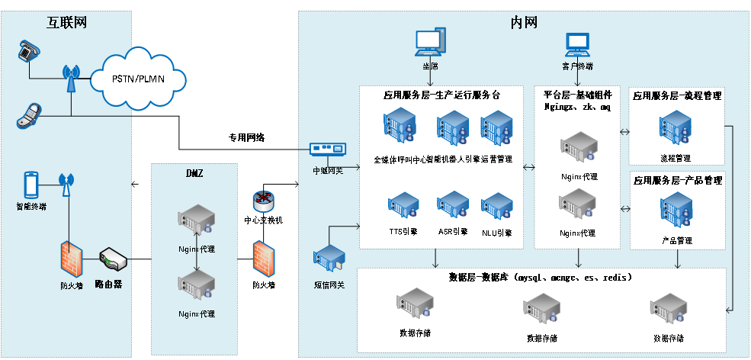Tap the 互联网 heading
pyautogui.click(x=67, y=22)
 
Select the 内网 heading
pyautogui.click(x=524, y=22)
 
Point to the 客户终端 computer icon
pyautogui.click(x=578, y=44)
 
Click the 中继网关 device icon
pyautogui.click(x=329, y=150)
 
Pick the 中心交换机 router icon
pyautogui.click(x=263, y=200)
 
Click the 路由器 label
pyautogui.click(x=108, y=284)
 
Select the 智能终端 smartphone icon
pyautogui.click(x=31, y=185)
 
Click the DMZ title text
pyautogui.click(x=195, y=173)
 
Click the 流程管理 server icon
pyautogui.click(x=676, y=130)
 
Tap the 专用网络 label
pyautogui.click(x=247, y=138)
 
